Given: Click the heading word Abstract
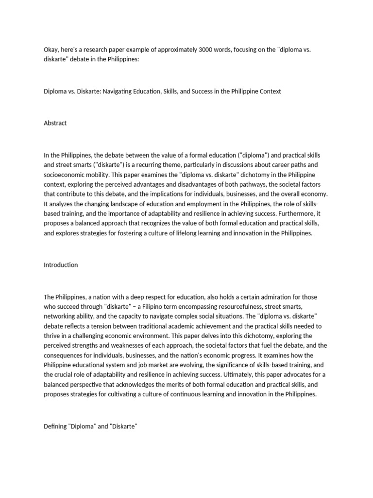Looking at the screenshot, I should coord(55,123).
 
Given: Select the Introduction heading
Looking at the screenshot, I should coord(61,265).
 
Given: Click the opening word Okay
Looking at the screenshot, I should coord(51,48).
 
